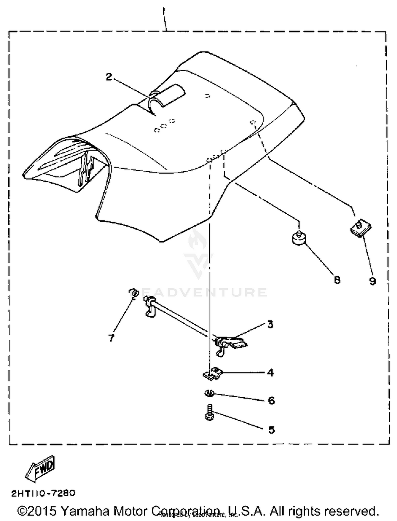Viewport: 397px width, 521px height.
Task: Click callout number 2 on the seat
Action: coord(109,77)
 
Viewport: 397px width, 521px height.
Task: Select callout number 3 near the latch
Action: coord(270,324)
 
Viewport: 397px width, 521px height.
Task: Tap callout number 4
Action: coord(270,372)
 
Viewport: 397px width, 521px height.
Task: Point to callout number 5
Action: coord(272,430)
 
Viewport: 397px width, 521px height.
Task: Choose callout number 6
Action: coord(272,401)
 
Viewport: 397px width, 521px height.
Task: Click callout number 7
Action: coord(111,338)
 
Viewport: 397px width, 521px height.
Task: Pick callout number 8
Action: coord(337,280)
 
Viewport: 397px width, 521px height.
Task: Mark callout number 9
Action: coord(372,281)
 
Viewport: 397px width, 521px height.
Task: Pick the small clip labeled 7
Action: coord(134,293)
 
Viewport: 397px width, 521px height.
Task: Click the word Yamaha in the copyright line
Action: coord(85,511)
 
